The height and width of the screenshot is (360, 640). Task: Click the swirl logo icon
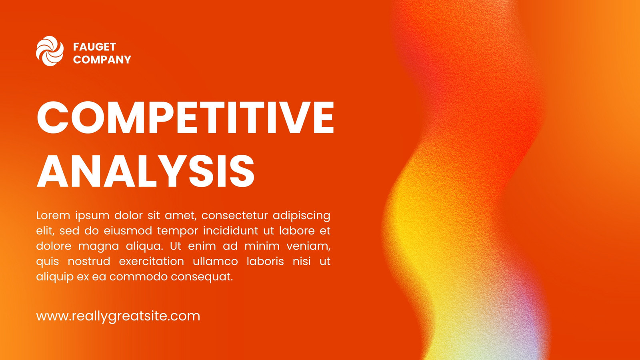(50, 51)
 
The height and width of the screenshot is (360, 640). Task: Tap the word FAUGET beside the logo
(94, 47)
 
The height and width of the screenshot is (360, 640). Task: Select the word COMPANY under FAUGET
(102, 60)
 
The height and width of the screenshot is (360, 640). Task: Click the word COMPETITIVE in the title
(186, 118)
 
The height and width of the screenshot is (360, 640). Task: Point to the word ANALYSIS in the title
(146, 171)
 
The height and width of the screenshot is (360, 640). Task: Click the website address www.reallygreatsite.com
(118, 316)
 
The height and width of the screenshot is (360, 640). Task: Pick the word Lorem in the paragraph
(53, 216)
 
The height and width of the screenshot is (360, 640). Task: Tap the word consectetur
(234, 216)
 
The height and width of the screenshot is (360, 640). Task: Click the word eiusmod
(128, 230)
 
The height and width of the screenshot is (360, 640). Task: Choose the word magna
(98, 246)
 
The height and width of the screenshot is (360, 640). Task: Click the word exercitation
(152, 262)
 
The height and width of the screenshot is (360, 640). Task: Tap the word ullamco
(216, 262)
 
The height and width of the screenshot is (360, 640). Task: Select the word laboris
(265, 262)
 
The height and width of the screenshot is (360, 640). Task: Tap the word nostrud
(89, 262)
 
